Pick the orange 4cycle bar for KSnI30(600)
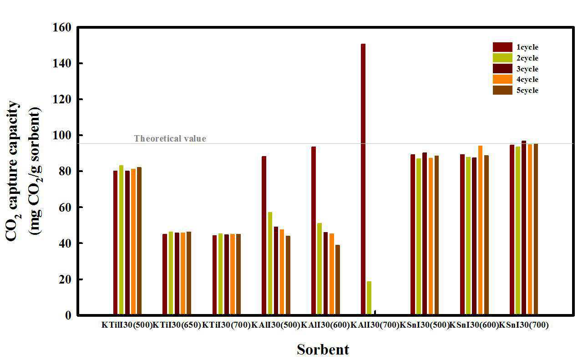[x=480, y=230]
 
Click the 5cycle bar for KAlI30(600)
[x=337, y=280]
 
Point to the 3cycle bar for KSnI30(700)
[x=524, y=228]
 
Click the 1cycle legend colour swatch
[x=502, y=47]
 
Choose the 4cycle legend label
[x=527, y=80]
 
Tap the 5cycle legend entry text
[x=527, y=91]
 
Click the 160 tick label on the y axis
[x=62, y=28]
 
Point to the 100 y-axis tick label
[x=62, y=136]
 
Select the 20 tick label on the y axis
[x=65, y=279]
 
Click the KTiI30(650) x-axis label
[x=177, y=325]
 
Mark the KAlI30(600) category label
[x=325, y=325]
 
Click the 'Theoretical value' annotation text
[x=170, y=139]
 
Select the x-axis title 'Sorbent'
[x=323, y=350]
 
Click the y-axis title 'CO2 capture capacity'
[x=14, y=171]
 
